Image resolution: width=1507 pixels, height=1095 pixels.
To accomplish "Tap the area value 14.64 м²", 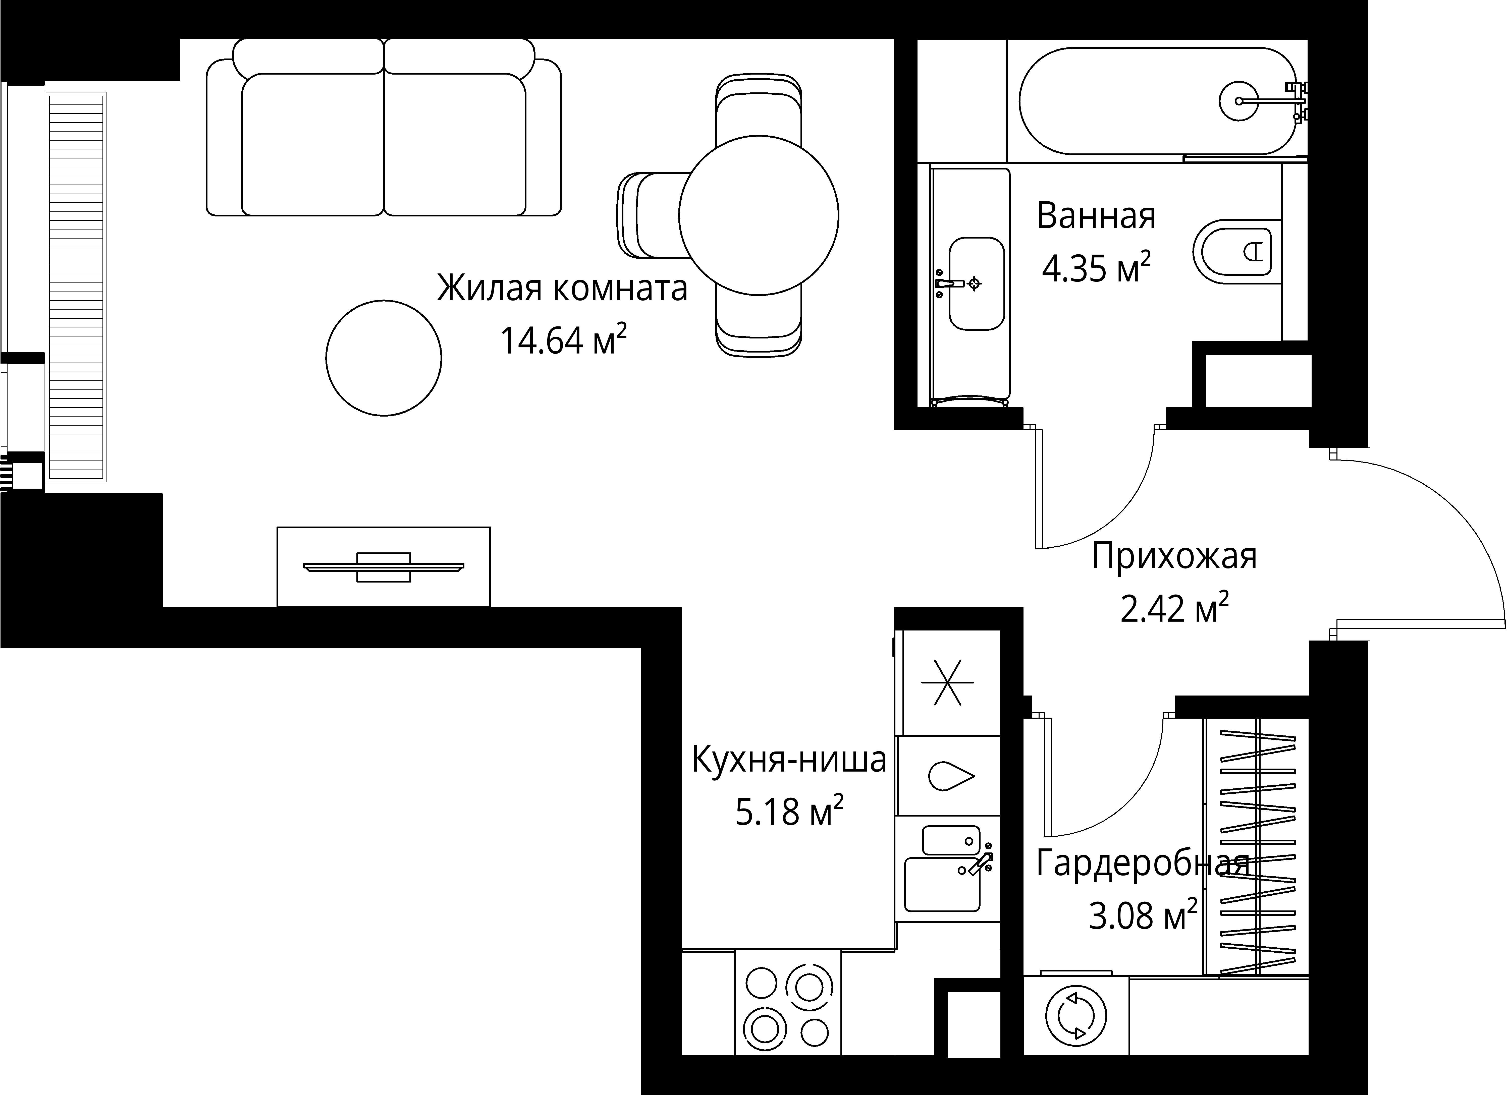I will (562, 341).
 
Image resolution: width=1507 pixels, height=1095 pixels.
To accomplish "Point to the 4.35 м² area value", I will (1096, 268).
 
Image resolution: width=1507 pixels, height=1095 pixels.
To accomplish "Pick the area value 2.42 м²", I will (1174, 609).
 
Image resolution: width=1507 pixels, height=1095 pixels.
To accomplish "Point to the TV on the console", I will (383, 567).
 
